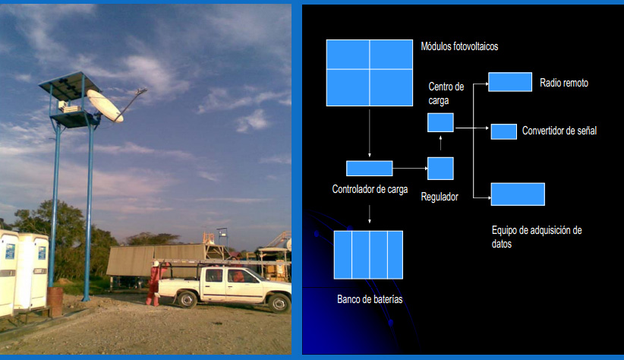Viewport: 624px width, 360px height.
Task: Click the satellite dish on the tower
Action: click(x=105, y=105)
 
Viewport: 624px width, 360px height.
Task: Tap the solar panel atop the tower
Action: click(x=70, y=86)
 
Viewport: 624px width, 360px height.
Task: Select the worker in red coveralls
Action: click(x=153, y=283)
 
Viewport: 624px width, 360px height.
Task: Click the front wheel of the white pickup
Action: click(x=279, y=303)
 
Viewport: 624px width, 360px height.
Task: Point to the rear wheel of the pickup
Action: click(x=187, y=299)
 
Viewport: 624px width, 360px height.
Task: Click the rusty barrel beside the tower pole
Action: click(x=55, y=302)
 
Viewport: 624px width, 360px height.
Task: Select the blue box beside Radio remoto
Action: click(x=510, y=82)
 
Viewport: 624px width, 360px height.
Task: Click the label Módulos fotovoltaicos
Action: click(x=459, y=46)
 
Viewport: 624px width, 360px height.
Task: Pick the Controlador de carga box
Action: click(x=369, y=169)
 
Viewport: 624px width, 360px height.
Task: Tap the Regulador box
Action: click(x=440, y=169)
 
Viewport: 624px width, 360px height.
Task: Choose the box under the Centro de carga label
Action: click(x=440, y=122)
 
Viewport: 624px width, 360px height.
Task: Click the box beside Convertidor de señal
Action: click(x=504, y=131)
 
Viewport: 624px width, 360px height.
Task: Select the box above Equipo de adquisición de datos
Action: click(x=518, y=194)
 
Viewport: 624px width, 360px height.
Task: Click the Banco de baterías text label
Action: click(x=370, y=299)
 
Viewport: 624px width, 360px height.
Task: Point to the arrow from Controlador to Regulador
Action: click(x=410, y=169)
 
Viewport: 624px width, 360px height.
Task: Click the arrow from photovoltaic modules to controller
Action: click(x=369, y=134)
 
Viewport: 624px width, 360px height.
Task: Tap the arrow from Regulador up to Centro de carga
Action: click(x=440, y=143)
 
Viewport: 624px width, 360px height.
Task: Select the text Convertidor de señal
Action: click(x=559, y=131)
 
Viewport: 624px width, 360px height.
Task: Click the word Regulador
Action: click(x=440, y=197)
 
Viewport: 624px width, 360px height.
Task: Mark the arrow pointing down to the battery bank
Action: click(x=369, y=214)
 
